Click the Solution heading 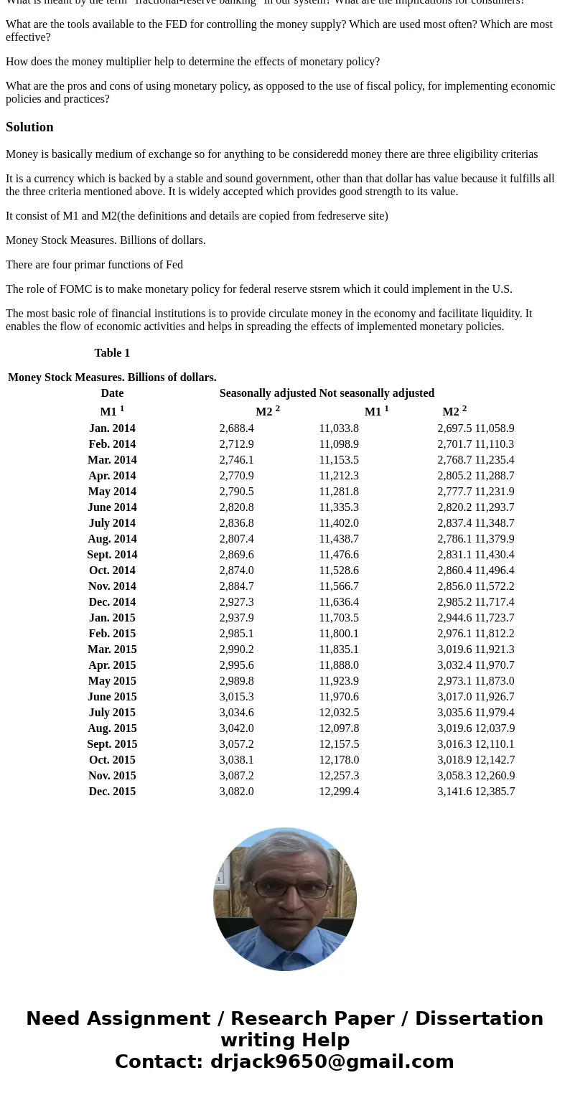[x=29, y=127]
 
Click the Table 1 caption [x=112, y=353]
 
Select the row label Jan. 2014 [x=112, y=428]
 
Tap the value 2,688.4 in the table [x=236, y=428]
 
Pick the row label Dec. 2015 [x=112, y=792]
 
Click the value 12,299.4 [x=339, y=792]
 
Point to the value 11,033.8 [x=339, y=428]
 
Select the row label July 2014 [x=112, y=523]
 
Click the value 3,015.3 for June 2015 [x=236, y=697]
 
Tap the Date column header [x=112, y=393]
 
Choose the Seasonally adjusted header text [x=267, y=393]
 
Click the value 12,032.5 [x=339, y=713]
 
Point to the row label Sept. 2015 [x=112, y=744]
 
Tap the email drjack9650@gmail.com [x=332, y=1062]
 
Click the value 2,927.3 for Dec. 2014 [x=236, y=602]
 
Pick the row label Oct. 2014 [x=112, y=571]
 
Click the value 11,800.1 [x=339, y=634]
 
